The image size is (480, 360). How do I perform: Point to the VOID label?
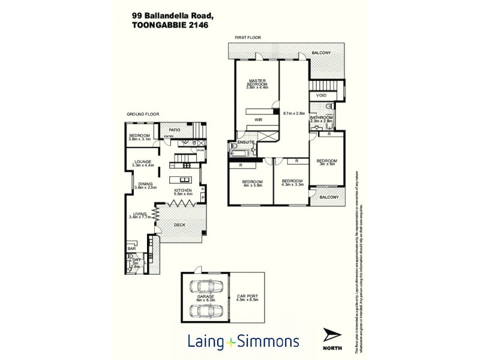[x=321, y=95]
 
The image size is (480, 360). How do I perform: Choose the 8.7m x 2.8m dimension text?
[x=294, y=112]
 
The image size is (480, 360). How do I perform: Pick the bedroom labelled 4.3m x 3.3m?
[x=292, y=183]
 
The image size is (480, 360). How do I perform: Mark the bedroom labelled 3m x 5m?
[x=327, y=163]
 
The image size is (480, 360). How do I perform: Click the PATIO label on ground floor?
[x=175, y=129]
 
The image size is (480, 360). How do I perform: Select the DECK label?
[x=179, y=225]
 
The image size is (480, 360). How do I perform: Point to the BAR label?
[x=131, y=248]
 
